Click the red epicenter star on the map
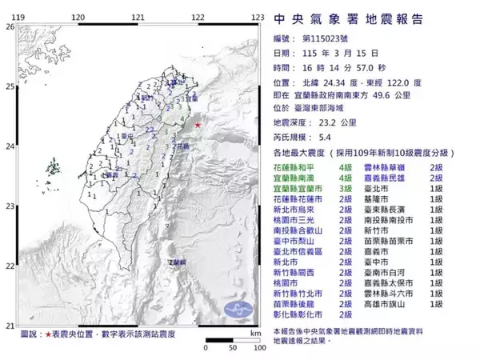[x=198, y=126]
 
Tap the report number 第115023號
[x=330, y=38]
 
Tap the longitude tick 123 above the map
[x=258, y=16]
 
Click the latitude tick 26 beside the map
[x=10, y=26]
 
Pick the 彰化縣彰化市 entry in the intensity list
[x=298, y=315]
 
